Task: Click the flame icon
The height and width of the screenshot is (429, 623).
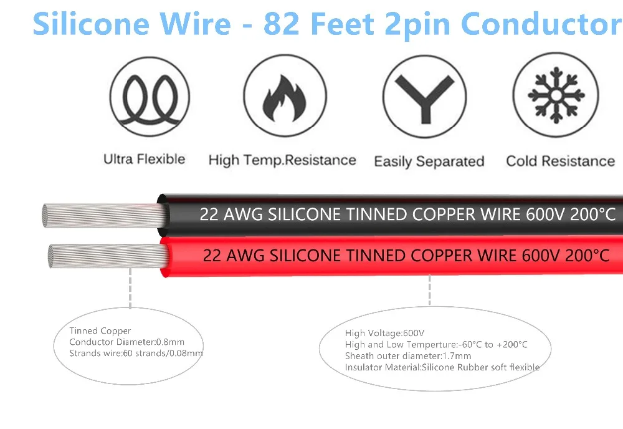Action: tap(284, 100)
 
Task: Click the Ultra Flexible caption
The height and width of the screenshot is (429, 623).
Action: tap(145, 159)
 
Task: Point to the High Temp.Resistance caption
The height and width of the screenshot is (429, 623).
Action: tap(282, 160)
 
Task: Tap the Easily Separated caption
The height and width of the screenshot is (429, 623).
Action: tap(429, 161)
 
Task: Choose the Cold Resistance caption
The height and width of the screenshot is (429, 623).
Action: tap(560, 161)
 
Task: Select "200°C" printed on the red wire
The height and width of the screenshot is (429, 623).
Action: tap(587, 255)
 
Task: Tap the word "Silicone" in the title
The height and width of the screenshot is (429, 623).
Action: tap(90, 23)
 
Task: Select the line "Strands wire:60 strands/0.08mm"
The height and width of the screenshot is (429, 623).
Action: tap(136, 354)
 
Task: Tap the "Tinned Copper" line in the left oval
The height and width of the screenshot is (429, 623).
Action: tap(100, 331)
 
